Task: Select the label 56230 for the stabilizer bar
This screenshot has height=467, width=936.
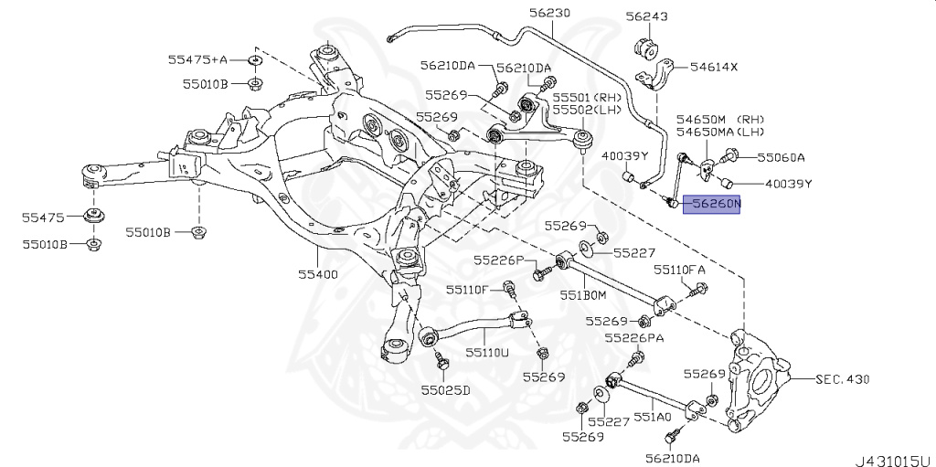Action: pyautogui.click(x=548, y=13)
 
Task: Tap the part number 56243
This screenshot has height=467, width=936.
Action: pyautogui.click(x=646, y=16)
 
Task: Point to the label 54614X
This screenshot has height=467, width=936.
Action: pyautogui.click(x=713, y=68)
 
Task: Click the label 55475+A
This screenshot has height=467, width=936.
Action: pyautogui.click(x=197, y=59)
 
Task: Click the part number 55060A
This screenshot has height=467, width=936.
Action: pyautogui.click(x=778, y=157)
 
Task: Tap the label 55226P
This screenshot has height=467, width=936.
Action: pyautogui.click(x=499, y=260)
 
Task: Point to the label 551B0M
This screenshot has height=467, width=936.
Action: pyautogui.click(x=583, y=295)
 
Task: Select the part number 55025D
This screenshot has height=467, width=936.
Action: pyautogui.click(x=445, y=390)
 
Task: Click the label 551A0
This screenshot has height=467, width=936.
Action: pyautogui.click(x=654, y=416)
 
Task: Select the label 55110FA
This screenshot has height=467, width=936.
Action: pyautogui.click(x=679, y=270)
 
